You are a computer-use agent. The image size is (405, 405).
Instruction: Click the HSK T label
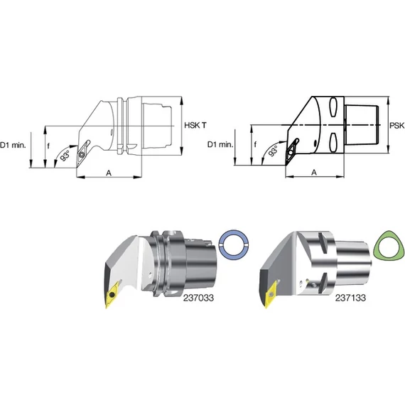click(x=195, y=126)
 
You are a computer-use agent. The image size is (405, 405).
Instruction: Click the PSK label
click(x=397, y=126)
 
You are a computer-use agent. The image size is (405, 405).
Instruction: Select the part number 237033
click(x=199, y=298)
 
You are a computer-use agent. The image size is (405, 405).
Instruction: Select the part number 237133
click(x=350, y=298)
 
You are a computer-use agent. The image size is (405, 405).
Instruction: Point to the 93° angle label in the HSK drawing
click(x=65, y=156)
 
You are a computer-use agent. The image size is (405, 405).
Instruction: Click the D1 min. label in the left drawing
click(x=13, y=145)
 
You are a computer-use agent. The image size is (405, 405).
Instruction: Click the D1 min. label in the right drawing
click(x=220, y=144)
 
